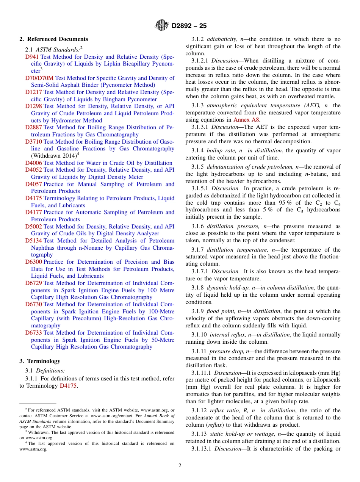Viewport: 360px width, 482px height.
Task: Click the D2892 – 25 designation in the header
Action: (x=189, y=26)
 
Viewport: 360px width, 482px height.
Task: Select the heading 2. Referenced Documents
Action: (x=54, y=39)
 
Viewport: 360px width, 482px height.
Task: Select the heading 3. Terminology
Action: (x=40, y=361)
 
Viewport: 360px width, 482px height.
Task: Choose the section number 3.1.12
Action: (x=199, y=410)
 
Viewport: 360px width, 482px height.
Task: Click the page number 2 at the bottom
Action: (x=180, y=465)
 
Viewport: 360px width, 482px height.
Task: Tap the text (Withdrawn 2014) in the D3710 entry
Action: (x=54, y=156)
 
